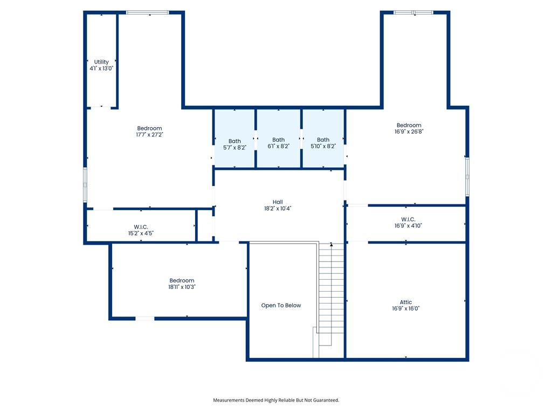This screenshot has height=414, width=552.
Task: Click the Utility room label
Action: tap(101, 62)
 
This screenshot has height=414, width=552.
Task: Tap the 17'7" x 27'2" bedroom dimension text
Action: tap(150, 134)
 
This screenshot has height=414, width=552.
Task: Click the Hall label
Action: tap(278, 202)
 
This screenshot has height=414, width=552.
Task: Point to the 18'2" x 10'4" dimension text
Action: tap(278, 209)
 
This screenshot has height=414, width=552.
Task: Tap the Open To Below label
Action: tap(281, 305)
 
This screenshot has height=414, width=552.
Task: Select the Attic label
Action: tap(406, 302)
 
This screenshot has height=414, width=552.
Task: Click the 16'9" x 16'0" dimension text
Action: tap(406, 308)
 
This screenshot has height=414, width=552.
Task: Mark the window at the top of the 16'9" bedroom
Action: tap(413, 13)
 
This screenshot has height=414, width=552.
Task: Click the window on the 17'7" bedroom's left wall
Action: tap(85, 185)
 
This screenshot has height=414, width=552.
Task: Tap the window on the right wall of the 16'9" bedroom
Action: tap(467, 177)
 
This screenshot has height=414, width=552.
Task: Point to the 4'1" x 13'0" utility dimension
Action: tap(101, 68)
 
